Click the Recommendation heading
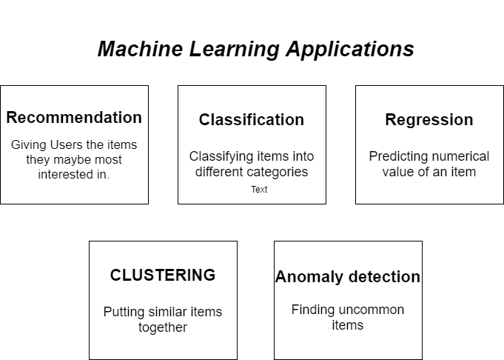click(x=74, y=118)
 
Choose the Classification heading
click(x=252, y=120)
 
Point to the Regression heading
click(x=429, y=120)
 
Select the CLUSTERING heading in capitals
click(x=163, y=276)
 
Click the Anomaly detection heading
click(x=348, y=277)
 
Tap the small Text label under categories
click(x=259, y=190)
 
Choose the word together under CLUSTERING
click(x=163, y=327)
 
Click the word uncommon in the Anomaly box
click(x=372, y=310)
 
